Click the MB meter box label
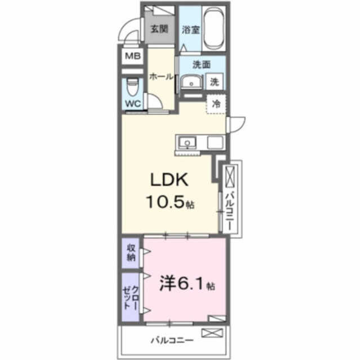click(133, 56)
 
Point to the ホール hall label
click(161, 76)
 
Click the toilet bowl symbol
click(132, 85)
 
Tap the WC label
click(133, 103)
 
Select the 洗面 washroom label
click(200, 64)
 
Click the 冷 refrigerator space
click(216, 103)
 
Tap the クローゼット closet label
click(131, 296)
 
